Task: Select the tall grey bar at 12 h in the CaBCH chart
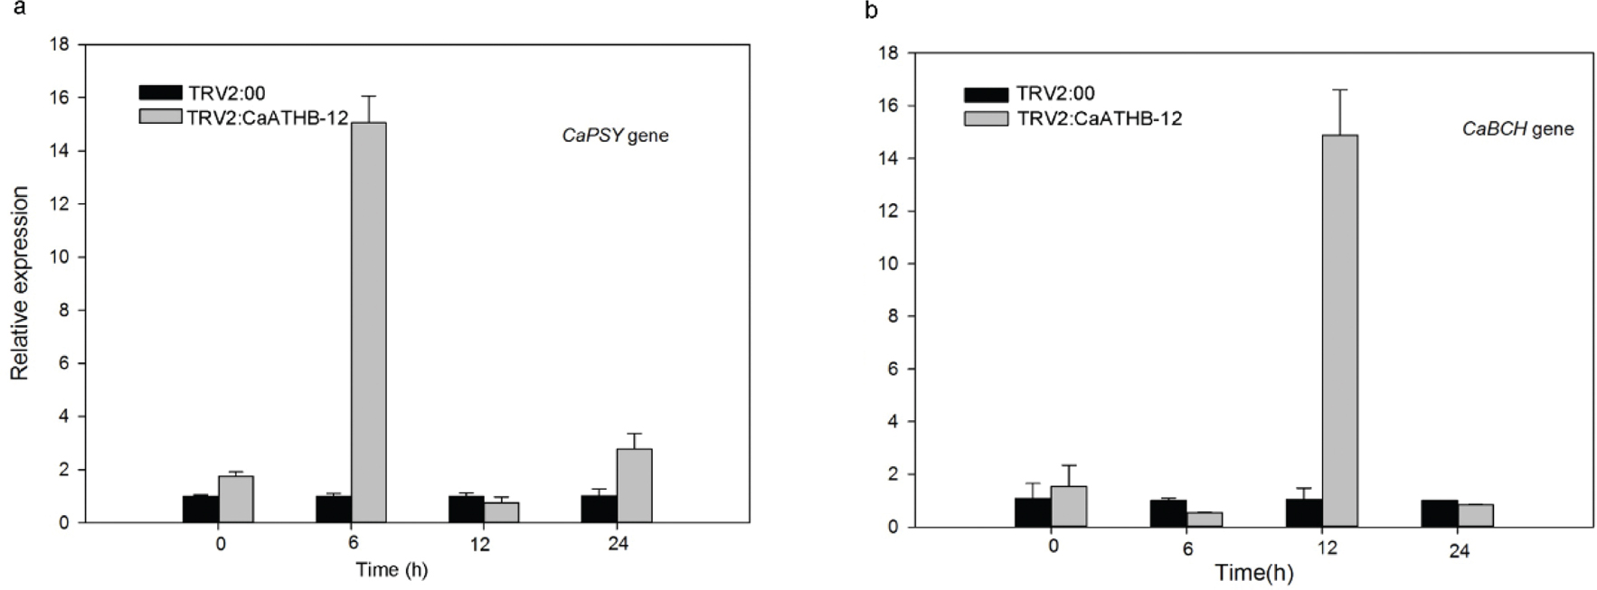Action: pos(1340,330)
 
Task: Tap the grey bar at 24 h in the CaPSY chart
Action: pos(634,486)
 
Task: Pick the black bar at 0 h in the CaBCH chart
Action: pos(1033,512)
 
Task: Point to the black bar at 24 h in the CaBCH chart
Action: pos(1439,513)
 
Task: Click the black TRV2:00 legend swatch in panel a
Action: pos(160,92)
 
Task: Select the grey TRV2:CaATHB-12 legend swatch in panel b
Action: pos(986,118)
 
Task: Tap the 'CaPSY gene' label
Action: pos(615,136)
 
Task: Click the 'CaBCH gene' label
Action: pos(1517,129)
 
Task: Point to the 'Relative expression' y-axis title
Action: pos(20,283)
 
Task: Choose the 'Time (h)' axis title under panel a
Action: pos(391,570)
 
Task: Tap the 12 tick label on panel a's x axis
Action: pos(479,544)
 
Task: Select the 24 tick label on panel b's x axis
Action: pos(1459,551)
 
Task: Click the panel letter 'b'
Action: pos(871,11)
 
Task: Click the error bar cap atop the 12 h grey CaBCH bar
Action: pos(1340,89)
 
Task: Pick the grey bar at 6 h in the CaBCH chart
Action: pos(1205,520)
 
